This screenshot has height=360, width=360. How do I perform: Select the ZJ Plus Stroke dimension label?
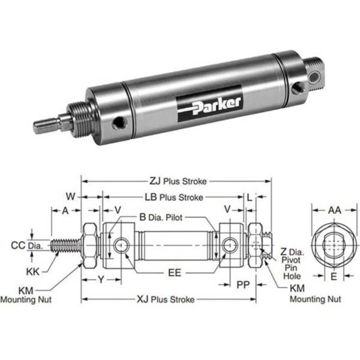tap(174, 182)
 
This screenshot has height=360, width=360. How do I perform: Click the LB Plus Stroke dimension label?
tap(174, 197)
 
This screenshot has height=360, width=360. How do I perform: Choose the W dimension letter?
tap(71, 195)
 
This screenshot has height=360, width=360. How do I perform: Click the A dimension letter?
tap(66, 210)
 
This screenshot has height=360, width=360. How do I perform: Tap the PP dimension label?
tap(242, 284)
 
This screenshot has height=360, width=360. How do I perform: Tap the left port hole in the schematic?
tap(121, 245)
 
